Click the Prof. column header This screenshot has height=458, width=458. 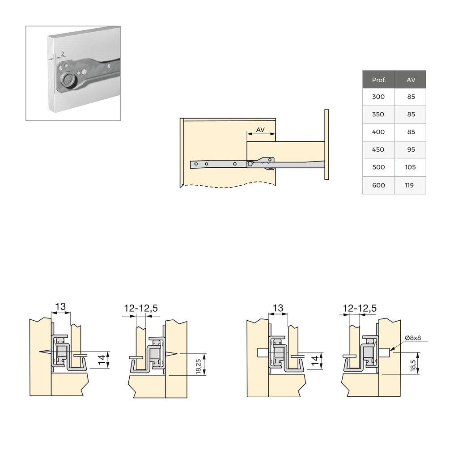pos(378,80)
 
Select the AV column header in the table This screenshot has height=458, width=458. pos(411,80)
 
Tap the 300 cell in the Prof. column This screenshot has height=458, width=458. pos(378,97)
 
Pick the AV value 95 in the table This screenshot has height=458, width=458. pos(411,149)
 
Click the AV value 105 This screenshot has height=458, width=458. pos(410,167)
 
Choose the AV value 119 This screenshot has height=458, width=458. pos(409,185)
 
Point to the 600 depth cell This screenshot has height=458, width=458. pos(378,185)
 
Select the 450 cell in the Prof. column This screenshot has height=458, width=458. pos(378,149)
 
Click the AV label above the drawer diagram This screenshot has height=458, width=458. pos(260,129)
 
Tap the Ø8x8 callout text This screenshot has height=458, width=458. pos(413,338)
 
